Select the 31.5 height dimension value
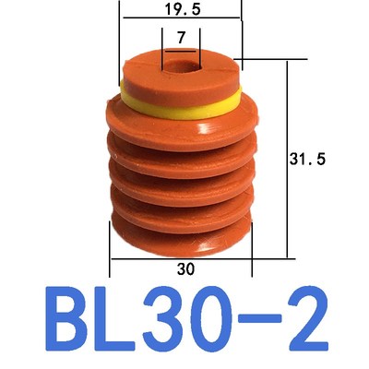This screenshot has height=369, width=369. click(315, 159)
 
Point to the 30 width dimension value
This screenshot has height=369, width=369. click(181, 268)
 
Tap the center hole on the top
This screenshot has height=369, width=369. click(181, 68)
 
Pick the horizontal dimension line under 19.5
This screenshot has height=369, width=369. click(180, 19)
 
